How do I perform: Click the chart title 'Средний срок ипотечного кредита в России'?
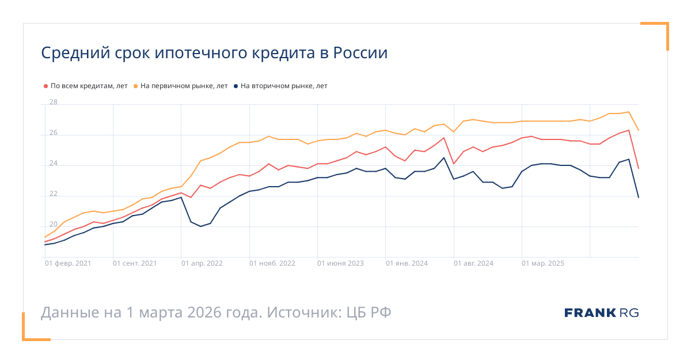[x=214, y=53]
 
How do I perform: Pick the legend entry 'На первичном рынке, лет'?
[x=184, y=86]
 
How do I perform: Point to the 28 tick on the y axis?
[x=54, y=103]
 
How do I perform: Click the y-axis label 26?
[x=54, y=133]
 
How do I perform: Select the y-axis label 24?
[x=54, y=164]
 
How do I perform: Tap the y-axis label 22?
[x=54, y=194]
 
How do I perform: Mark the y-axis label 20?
[x=54, y=225]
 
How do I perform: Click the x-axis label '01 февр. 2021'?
[x=68, y=263]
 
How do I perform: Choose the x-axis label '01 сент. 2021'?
[x=136, y=263]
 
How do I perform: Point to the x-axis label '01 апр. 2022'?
[x=202, y=263]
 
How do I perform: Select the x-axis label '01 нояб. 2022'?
[x=272, y=263]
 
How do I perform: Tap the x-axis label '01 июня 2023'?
[x=340, y=263]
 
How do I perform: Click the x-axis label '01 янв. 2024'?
[x=407, y=263]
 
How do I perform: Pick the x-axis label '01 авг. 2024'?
[x=473, y=263]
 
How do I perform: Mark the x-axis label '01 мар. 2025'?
[x=543, y=263]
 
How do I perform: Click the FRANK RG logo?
[x=602, y=313]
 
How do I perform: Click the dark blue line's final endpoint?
[x=639, y=198]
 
